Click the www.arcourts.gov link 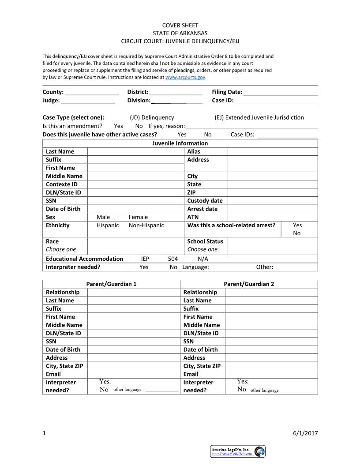point(185,77)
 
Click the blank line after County point(92,93)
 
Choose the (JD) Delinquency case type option point(152,117)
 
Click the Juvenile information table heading point(180,143)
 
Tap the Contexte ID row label point(62,184)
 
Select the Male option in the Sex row point(103,217)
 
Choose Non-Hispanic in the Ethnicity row point(146,225)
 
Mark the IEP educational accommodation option point(145,259)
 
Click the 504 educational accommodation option point(173,259)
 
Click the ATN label point(193,217)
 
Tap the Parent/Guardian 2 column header point(249,284)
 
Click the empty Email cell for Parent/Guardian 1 point(134,374)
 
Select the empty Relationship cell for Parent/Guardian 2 point(271,292)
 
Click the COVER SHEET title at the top point(180,25)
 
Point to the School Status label point(205,241)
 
